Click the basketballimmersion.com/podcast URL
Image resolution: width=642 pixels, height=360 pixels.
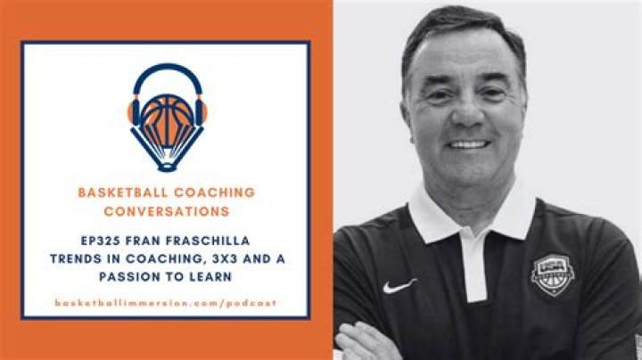166,303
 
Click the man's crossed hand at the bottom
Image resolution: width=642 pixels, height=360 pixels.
366,343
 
